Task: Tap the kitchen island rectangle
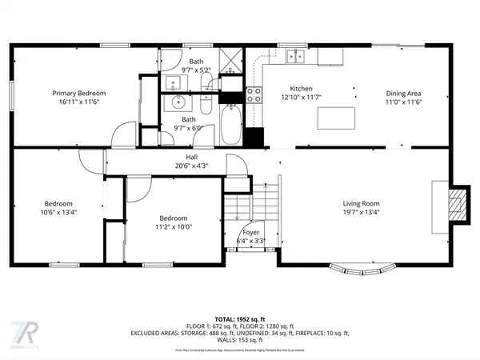click(336, 118)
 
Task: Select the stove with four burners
click(254, 95)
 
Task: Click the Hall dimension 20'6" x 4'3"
click(191, 166)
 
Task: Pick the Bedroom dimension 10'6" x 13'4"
click(58, 213)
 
